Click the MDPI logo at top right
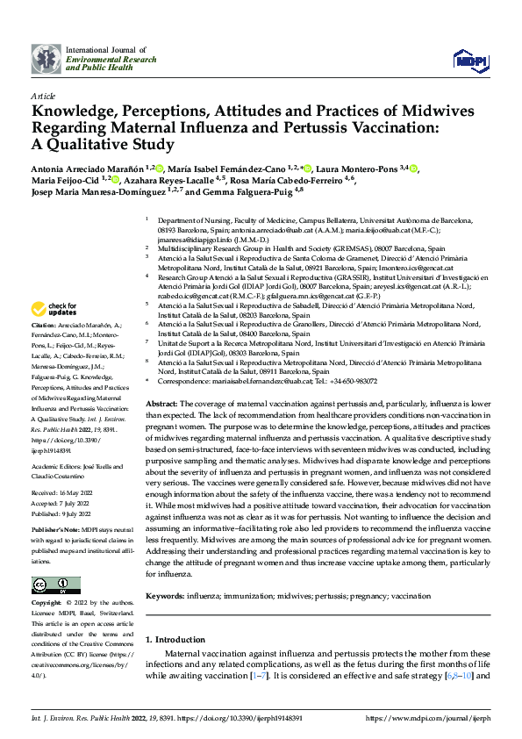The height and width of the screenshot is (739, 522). pyautogui.click(x=470, y=59)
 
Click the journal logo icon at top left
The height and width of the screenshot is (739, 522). pyautogui.click(x=46, y=59)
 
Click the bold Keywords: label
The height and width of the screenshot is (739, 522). pyautogui.click(x=164, y=595)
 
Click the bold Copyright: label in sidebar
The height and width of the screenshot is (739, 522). pyautogui.click(x=46, y=604)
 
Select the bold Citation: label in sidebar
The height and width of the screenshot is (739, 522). pyautogui.click(x=45, y=325)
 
